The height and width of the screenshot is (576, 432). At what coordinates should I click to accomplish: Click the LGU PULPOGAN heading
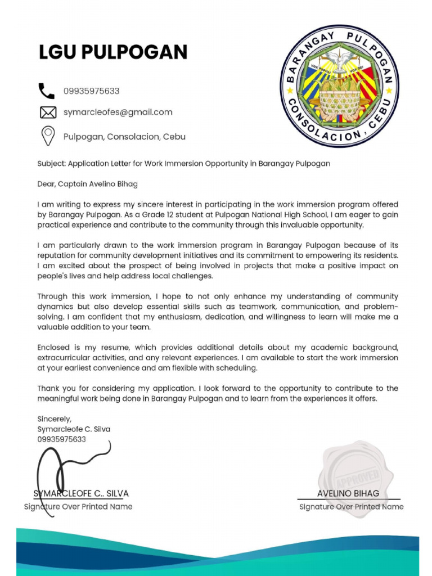click(112, 52)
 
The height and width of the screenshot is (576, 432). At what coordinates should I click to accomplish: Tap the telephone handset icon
click(46, 91)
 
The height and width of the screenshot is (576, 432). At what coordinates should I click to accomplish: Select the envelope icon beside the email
click(48, 112)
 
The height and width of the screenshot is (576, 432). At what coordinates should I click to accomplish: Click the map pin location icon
click(48, 136)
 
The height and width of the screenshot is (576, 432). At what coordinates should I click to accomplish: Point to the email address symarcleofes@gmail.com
click(118, 112)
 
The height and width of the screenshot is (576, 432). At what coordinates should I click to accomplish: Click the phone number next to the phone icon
click(91, 91)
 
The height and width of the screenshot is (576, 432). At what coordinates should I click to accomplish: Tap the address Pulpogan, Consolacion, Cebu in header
click(124, 137)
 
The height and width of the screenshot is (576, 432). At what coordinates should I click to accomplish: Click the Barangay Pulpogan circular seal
click(339, 85)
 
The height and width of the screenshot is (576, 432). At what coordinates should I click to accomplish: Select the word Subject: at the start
click(51, 164)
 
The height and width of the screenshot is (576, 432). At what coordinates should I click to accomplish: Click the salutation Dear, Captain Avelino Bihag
click(87, 184)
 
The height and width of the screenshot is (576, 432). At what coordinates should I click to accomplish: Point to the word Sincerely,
click(54, 419)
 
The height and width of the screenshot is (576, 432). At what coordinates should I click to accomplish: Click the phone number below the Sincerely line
click(61, 439)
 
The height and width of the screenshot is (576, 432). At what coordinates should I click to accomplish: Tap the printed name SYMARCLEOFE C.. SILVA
click(81, 493)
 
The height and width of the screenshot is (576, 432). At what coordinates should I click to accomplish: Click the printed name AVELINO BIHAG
click(348, 493)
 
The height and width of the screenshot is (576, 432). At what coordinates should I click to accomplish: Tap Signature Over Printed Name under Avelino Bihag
click(351, 507)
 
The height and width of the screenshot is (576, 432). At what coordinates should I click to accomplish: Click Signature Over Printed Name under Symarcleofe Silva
click(78, 507)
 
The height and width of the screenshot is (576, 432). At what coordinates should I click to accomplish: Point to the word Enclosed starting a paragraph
click(54, 347)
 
